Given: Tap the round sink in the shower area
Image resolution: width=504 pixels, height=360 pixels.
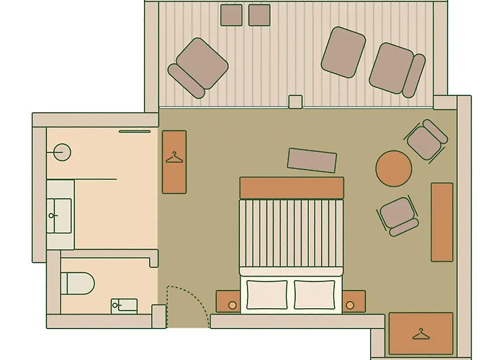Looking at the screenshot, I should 63,151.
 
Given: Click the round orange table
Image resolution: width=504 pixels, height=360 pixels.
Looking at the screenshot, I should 394,168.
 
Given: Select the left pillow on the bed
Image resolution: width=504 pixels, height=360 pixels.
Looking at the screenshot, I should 268,292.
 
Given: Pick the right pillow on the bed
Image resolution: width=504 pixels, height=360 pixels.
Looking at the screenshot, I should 315,292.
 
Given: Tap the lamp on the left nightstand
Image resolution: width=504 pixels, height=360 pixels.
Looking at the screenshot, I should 233,305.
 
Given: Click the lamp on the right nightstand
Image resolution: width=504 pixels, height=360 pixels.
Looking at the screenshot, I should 351,305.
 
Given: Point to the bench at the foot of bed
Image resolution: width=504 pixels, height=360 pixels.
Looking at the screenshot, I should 312,161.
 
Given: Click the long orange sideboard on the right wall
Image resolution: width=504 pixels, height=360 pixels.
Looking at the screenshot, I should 441,222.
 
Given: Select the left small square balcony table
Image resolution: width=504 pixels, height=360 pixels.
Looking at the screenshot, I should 232,14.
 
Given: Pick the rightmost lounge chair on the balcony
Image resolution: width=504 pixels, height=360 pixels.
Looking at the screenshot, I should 396,68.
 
